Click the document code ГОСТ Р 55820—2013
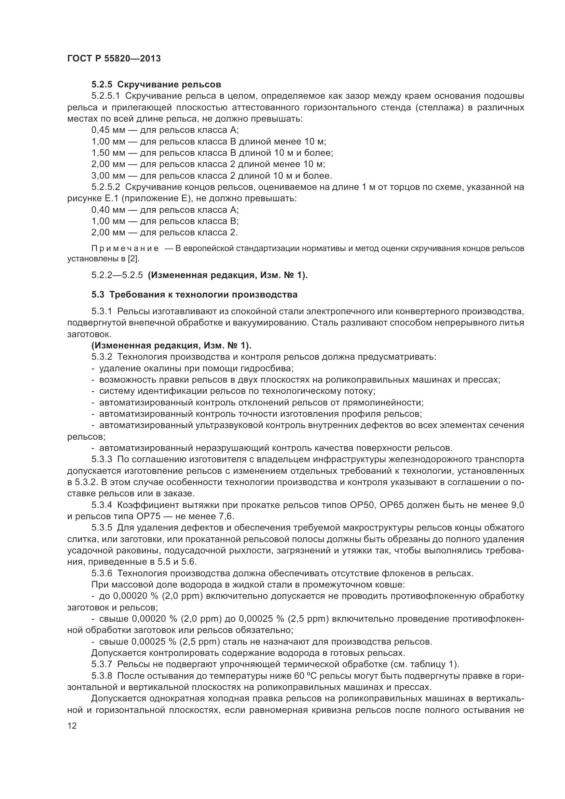pyautogui.click(x=114, y=58)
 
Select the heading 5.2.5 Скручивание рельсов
pyautogui.click(x=156, y=85)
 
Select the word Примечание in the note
pyautogui.click(x=125, y=248)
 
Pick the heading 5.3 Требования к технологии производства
pyautogui.click(x=194, y=295)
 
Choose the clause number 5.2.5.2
pyautogui.click(x=106, y=187)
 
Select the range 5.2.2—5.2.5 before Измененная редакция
pyautogui.click(x=117, y=275)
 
